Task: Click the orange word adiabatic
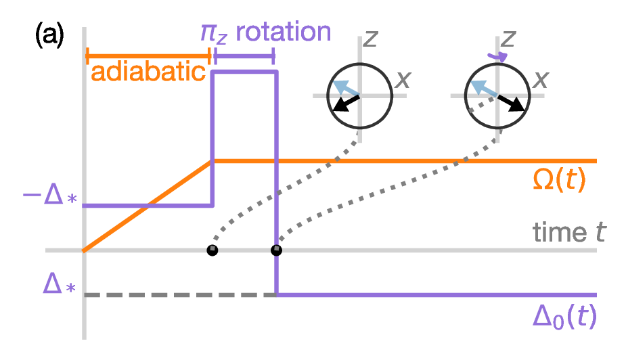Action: tap(148, 72)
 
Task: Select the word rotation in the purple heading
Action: tap(284, 32)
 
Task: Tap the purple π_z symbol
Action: tap(214, 34)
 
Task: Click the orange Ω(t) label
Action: tap(559, 180)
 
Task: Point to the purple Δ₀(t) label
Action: tap(564, 317)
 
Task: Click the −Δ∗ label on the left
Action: tap(49, 196)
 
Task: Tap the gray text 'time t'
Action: tap(569, 232)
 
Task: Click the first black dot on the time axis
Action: tap(213, 250)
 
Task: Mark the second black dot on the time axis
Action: tap(276, 250)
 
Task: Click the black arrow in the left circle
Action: tap(346, 103)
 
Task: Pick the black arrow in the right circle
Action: tap(511, 103)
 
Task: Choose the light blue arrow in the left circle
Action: tap(346, 88)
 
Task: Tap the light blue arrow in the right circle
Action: tap(483, 88)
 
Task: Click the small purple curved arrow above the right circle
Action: tap(498, 57)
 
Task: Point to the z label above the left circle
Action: tap(370, 39)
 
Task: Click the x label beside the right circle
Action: tap(541, 80)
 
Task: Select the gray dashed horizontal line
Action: tap(180, 295)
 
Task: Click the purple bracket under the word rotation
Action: tap(244, 56)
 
